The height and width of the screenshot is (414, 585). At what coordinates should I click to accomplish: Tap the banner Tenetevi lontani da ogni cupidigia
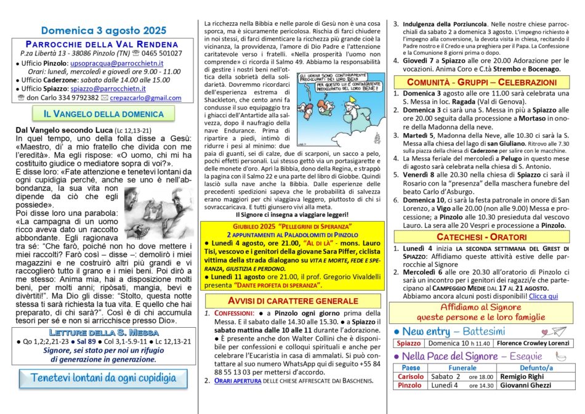tap(103, 377)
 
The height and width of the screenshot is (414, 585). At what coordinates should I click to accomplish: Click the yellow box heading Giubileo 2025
tap(292, 227)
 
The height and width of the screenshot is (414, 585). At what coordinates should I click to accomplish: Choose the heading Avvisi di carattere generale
tap(292, 301)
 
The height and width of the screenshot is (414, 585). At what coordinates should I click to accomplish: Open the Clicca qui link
tap(543, 296)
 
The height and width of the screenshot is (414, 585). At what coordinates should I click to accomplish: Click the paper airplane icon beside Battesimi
tap(559, 330)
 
